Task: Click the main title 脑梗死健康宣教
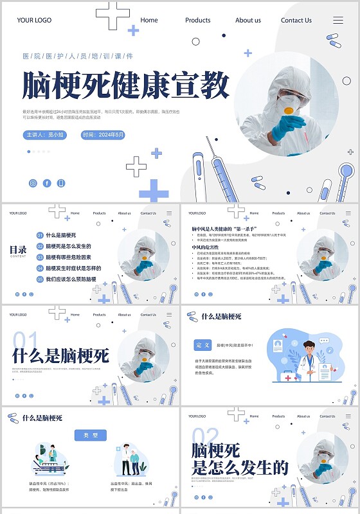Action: click(126, 85)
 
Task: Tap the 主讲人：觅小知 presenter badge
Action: click(44, 135)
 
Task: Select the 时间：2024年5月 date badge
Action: click(104, 135)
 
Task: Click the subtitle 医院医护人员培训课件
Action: click(78, 56)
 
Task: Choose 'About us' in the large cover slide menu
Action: click(248, 21)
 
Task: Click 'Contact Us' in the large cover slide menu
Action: click(296, 21)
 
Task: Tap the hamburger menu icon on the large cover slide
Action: click(338, 21)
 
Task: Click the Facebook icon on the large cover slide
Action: click(47, 183)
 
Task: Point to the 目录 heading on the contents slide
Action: click(18, 250)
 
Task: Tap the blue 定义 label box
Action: click(203, 345)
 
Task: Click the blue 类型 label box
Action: click(90, 435)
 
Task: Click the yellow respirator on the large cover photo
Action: click(289, 111)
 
